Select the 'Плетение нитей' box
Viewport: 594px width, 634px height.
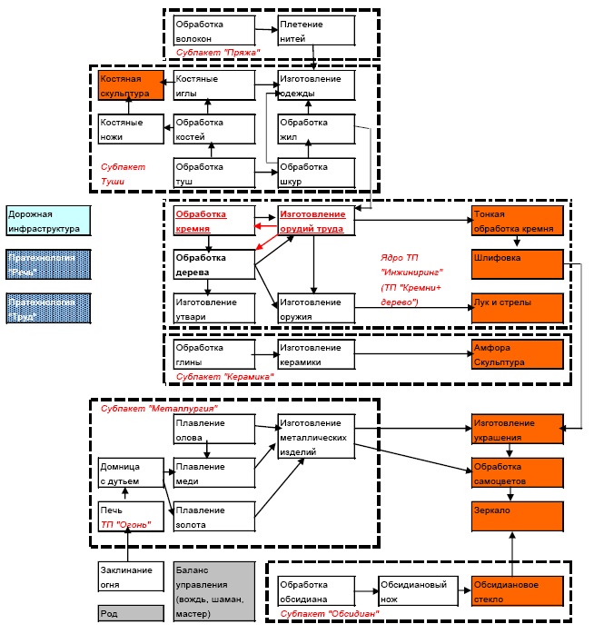coord(314,30)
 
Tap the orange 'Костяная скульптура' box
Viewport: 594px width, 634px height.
coord(130,85)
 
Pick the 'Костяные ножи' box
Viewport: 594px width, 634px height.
coord(130,128)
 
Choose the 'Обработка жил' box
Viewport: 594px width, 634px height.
coord(314,128)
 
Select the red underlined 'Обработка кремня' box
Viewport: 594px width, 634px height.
coord(212,222)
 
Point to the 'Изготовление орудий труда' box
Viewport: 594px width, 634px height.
coord(314,222)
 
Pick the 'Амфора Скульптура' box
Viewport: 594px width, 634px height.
coord(518,354)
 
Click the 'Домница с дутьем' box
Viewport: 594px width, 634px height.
coord(130,473)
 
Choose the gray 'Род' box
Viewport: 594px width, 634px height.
coord(130,613)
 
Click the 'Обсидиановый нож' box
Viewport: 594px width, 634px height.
coord(417,590)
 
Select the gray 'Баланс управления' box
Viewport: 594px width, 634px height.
coord(212,590)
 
